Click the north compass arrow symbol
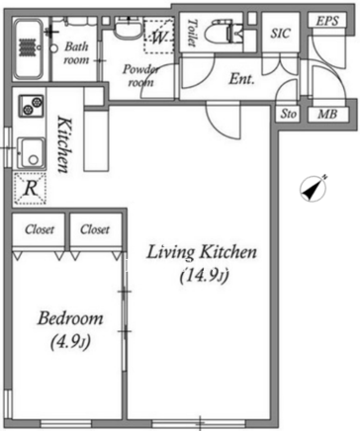[x=313, y=189]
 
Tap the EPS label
[x=327, y=21]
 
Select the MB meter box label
[x=327, y=115]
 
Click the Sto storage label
[x=289, y=114]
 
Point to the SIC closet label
[x=281, y=34]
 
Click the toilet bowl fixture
[x=225, y=32]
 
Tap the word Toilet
[x=192, y=33]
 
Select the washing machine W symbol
[x=159, y=37]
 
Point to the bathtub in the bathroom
[x=29, y=48]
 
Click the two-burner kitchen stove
[x=31, y=105]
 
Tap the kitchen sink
[x=31, y=154]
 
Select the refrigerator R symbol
[x=30, y=189]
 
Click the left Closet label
[x=40, y=229]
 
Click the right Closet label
[x=95, y=229]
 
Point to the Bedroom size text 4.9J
[x=70, y=343]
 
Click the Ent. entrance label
[x=242, y=79]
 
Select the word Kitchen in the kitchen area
[x=63, y=144]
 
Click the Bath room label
[x=76, y=53]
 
